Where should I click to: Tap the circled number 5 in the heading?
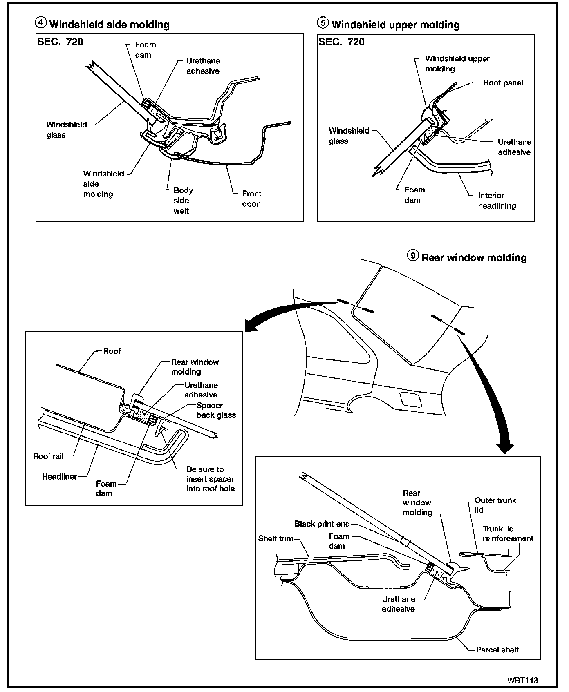pyautogui.click(x=323, y=23)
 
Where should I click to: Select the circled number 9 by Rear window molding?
pyautogui.click(x=413, y=256)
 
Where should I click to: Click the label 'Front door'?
pyautogui.click(x=251, y=199)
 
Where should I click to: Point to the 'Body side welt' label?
pyautogui.click(x=182, y=201)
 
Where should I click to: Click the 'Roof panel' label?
pyautogui.click(x=503, y=83)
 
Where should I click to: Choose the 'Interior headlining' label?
pyautogui.click(x=497, y=201)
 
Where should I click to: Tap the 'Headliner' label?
pyautogui.click(x=59, y=477)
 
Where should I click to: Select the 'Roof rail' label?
pyautogui.click(x=48, y=456)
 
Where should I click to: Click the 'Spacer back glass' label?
pyautogui.click(x=216, y=410)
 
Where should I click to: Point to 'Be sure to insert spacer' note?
pyautogui.click(x=210, y=479)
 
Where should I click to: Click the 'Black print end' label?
pyautogui.click(x=322, y=524)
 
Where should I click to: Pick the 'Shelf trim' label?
pyautogui.click(x=276, y=538)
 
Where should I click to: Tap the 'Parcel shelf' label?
pyautogui.click(x=497, y=650)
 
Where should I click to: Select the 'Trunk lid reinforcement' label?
pyautogui.click(x=508, y=534)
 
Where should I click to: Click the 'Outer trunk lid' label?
pyautogui.click(x=495, y=505)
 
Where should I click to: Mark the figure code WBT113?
pyautogui.click(x=522, y=681)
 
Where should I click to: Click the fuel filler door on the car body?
pyautogui.click(x=410, y=399)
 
